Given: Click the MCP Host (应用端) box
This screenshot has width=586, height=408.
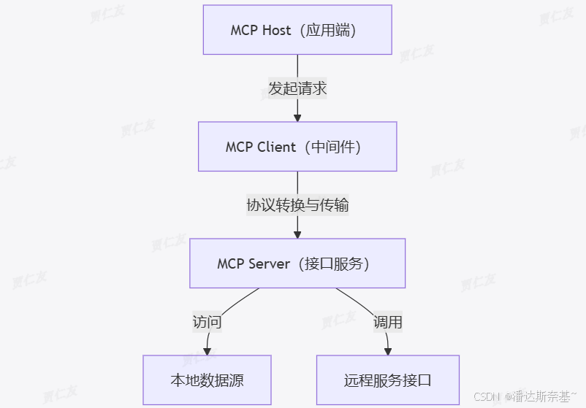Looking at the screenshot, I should click(297, 30).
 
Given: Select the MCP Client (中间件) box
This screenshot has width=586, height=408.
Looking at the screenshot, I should click(297, 147).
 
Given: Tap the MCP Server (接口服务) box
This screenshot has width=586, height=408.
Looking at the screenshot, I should click(297, 263).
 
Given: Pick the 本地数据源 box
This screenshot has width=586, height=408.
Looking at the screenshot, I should click(207, 380).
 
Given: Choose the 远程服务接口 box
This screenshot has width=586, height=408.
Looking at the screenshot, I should click(388, 380).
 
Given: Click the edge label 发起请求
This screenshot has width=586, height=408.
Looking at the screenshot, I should click(297, 89).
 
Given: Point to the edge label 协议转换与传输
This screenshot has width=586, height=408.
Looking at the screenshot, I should click(297, 205).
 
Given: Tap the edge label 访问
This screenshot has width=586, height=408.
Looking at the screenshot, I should click(207, 322).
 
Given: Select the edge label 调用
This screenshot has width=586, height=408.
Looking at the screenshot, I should click(388, 322).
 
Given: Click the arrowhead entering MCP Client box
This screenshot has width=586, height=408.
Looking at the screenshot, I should click(297, 117).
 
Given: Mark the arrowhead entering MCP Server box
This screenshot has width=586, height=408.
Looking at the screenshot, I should click(297, 234).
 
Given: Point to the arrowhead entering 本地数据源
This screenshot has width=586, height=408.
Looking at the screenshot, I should click(208, 350).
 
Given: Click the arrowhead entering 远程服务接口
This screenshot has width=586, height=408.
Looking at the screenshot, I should click(388, 350).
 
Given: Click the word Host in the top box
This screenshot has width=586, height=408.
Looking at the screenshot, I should click(276, 31).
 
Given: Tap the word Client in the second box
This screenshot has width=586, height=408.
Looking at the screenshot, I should click(277, 147).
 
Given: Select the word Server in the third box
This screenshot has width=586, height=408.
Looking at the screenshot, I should click(270, 263).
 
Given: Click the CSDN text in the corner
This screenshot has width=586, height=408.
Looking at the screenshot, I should click(485, 397).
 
